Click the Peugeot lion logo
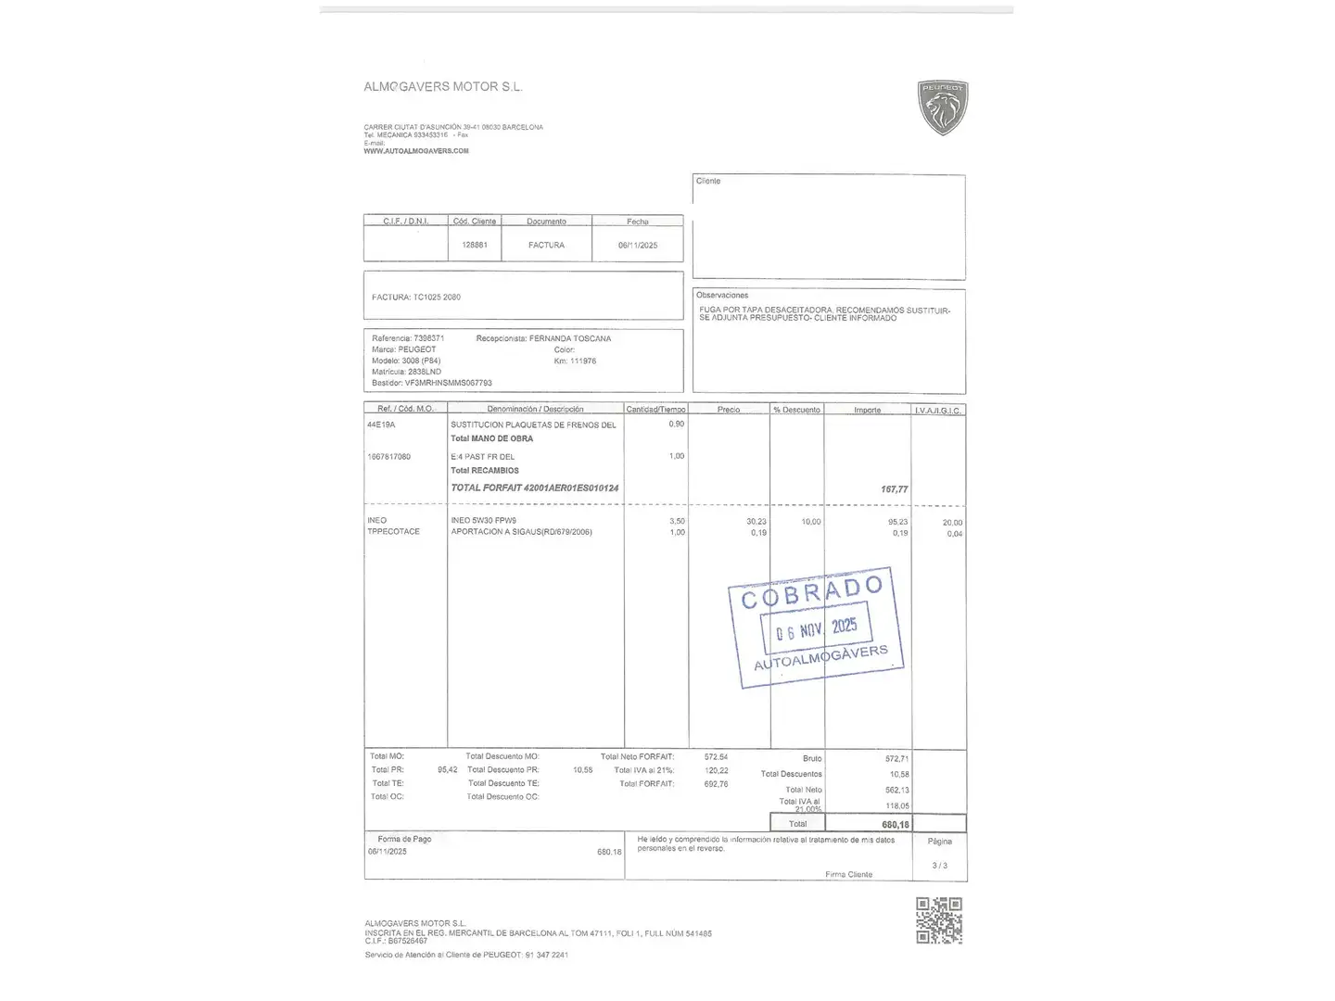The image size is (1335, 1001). [942, 108]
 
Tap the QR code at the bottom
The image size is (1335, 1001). [939, 920]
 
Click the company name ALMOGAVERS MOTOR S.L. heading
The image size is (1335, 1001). [443, 87]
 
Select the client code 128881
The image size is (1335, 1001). [475, 245]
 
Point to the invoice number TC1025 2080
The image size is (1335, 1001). [437, 298]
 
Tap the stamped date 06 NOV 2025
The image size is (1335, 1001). [817, 629]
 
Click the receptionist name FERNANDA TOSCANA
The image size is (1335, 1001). [569, 338]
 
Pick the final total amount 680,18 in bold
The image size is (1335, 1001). [896, 824]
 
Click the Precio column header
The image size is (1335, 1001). [729, 410]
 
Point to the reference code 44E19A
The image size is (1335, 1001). [381, 424]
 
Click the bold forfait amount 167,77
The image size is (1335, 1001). [895, 489]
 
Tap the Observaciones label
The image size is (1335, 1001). [722, 296]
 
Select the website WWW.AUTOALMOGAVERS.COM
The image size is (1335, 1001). [416, 151]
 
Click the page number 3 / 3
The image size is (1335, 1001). [939, 866]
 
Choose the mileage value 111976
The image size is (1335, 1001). [582, 361]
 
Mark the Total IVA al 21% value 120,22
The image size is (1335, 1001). [716, 770]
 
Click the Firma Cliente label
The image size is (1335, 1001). [848, 874]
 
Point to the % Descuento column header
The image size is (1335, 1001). [796, 410]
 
